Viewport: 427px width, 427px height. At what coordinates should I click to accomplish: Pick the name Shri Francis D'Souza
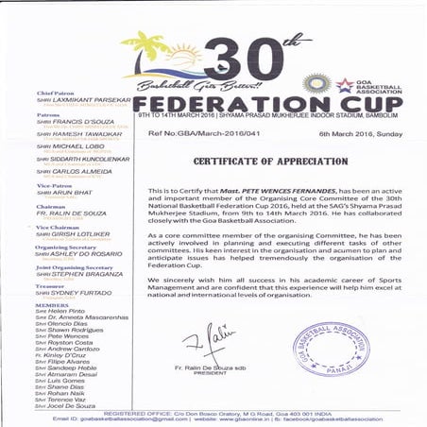pos(69,122)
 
